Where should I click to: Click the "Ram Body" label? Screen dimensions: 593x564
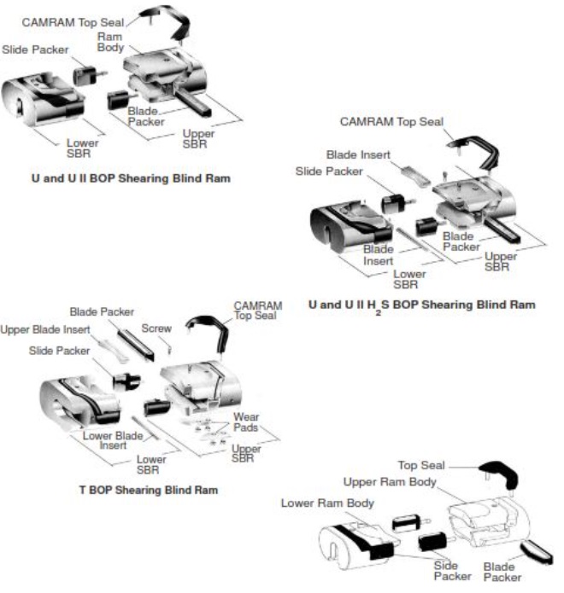click(111, 44)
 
